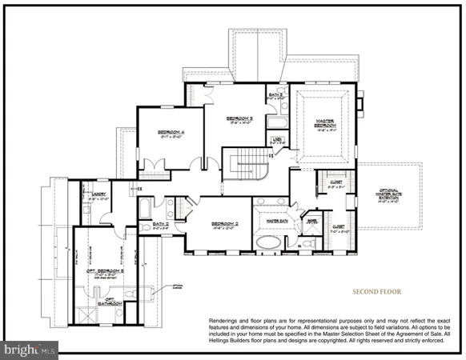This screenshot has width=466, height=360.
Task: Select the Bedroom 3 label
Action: pyautogui.click(x=241, y=117)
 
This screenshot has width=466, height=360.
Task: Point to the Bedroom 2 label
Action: pyautogui.click(x=226, y=223)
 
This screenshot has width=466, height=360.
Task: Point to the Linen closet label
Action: pyautogui.click(x=276, y=141)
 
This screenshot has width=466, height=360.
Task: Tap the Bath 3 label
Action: pyautogui.click(x=275, y=95)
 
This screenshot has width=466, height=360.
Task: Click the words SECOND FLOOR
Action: pyautogui.click(x=376, y=292)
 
